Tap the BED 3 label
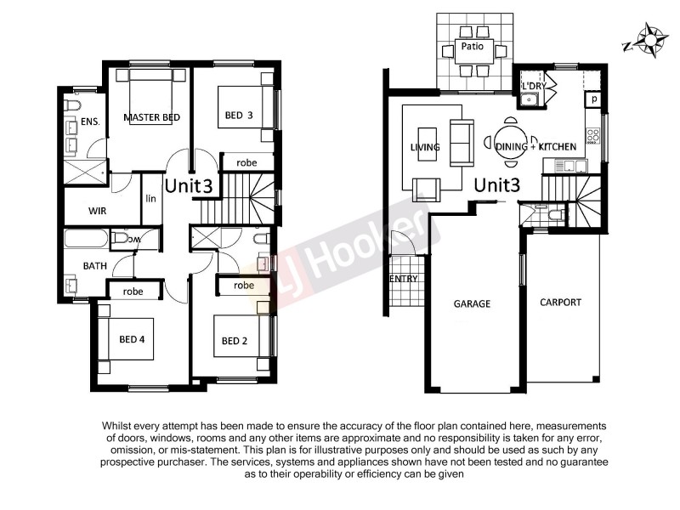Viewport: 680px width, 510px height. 240,115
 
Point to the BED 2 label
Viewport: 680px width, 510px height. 235,342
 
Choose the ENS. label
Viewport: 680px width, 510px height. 90,122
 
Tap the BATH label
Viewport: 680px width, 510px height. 93,266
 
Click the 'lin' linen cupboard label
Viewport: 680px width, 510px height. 151,198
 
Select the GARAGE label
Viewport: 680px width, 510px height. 472,303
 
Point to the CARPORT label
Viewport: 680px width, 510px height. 560,302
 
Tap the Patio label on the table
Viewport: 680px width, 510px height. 473,47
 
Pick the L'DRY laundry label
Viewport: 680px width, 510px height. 533,87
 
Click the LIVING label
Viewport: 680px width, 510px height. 424,147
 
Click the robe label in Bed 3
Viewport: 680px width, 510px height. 246,161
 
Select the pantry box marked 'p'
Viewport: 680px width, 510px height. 594,99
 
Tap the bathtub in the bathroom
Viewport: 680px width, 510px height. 86,238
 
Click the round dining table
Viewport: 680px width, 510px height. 510,141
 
